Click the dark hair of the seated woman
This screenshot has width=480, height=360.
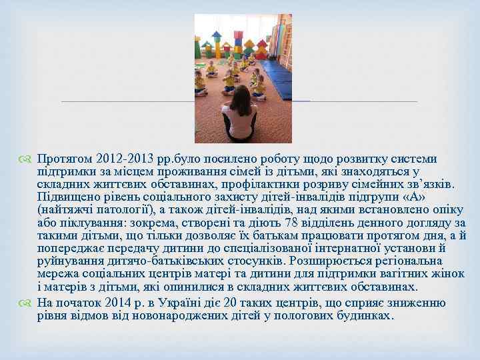click(x=239, y=100)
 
